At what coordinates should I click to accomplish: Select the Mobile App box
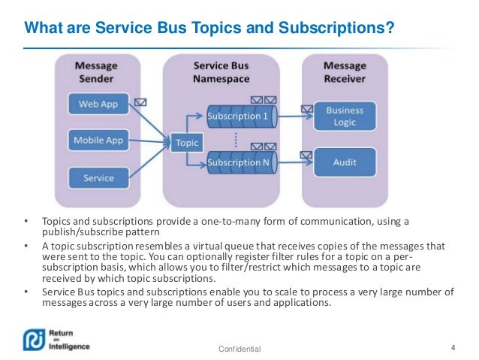pos(98,140)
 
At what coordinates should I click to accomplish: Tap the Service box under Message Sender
pos(98,178)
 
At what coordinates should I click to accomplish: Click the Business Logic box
pos(345,116)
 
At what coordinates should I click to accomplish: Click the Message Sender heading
pos(97,71)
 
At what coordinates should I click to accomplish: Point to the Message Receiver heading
pos(345,71)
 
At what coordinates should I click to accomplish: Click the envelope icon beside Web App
pos(140,101)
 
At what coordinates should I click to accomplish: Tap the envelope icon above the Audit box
pos(306,156)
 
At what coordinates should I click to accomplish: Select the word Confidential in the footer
pos(239,349)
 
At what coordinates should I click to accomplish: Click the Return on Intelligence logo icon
pos(33,339)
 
